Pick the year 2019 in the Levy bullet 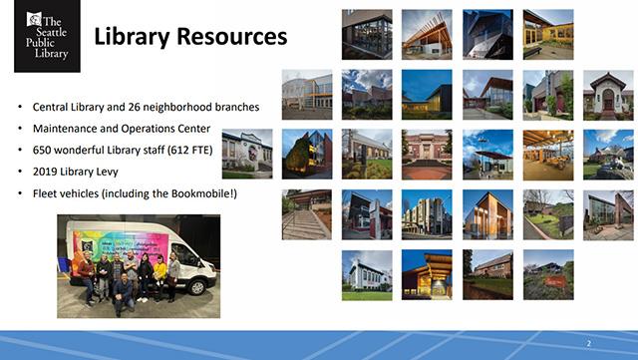46,171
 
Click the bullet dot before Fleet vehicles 21,192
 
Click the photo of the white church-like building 366,274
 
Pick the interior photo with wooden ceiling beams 547,154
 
